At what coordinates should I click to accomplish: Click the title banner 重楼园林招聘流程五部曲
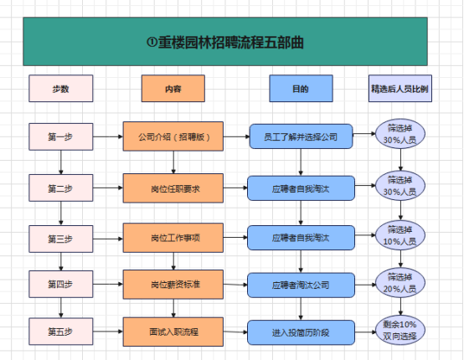(225, 41)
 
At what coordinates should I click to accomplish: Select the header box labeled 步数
(60, 89)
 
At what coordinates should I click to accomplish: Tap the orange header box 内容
(173, 89)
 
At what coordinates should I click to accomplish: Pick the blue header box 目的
(301, 89)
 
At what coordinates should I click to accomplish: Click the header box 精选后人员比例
(400, 89)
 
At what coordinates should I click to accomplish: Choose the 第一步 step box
(60, 136)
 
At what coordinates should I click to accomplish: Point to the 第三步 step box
(60, 239)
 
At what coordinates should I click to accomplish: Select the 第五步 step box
(60, 332)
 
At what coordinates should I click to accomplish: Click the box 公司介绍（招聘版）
(173, 136)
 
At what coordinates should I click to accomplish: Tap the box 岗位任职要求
(173, 188)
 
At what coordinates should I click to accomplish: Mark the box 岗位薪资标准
(173, 285)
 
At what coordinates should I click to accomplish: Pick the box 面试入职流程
(173, 332)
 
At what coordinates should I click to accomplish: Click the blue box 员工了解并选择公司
(301, 136)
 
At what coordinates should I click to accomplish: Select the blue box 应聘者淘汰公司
(301, 285)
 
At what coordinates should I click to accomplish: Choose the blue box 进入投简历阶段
(301, 332)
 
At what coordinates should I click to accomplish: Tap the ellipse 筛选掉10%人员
(400, 235)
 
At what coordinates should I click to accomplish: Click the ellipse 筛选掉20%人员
(400, 283)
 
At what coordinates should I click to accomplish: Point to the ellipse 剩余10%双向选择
(400, 330)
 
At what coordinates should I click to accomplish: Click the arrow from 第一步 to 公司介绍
(108, 136)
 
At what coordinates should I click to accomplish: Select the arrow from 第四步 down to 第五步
(61, 307)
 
